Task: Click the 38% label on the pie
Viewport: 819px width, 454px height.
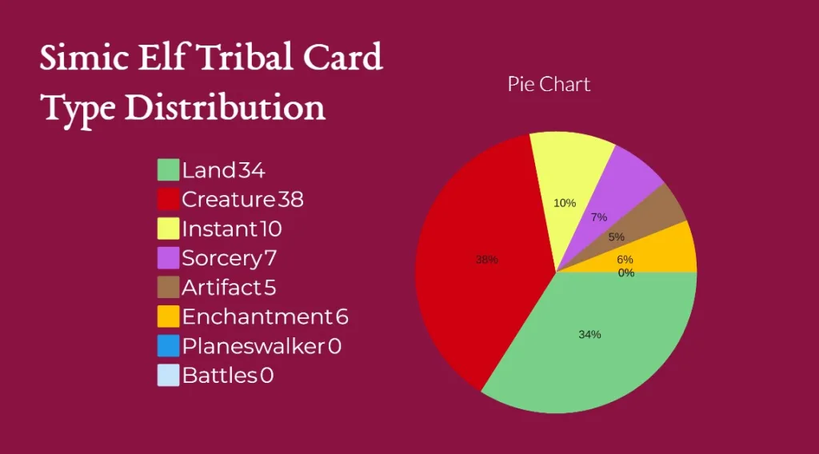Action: pos(486,259)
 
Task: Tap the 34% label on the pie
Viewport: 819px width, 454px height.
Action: pos(589,334)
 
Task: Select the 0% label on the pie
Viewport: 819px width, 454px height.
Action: pos(625,273)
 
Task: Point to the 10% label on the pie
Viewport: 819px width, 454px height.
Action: pos(565,203)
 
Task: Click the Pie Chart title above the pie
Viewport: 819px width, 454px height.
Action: pos(549,85)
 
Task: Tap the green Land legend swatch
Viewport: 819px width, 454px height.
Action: pos(168,170)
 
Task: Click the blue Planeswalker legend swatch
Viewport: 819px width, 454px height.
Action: pos(168,346)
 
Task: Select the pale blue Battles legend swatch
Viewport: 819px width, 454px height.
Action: pos(168,375)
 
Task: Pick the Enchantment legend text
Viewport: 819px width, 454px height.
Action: pos(257,317)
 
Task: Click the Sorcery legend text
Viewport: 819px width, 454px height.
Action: pos(222,258)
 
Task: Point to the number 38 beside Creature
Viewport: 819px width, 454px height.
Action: pos(290,199)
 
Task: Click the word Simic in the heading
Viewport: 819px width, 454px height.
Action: pos(84,57)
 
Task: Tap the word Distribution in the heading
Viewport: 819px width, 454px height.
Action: pos(225,107)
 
